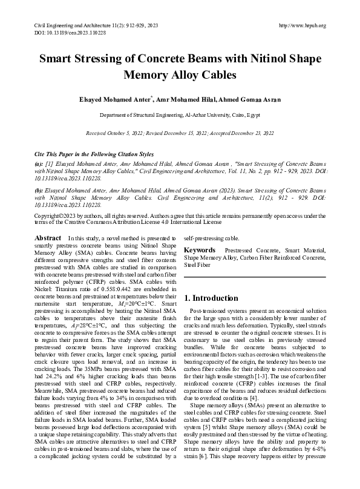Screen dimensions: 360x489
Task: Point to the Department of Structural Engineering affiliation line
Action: pyautogui.click(x=180, y=115)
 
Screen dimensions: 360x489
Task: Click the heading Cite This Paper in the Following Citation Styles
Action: pyautogui.click(x=94, y=155)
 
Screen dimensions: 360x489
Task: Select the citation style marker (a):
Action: pyautogui.click(x=39, y=164)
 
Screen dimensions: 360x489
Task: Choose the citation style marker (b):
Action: pyautogui.click(x=39, y=189)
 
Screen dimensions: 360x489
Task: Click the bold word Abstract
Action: pyautogui.click(x=48, y=239)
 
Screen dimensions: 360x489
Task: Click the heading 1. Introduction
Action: pyautogui.click(x=211, y=298)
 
